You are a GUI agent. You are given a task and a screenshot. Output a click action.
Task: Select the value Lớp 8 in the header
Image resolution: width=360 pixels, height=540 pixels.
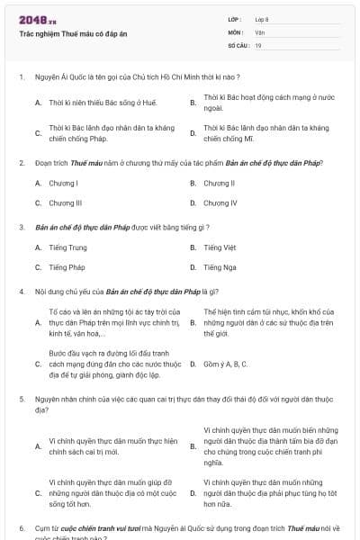pyautogui.click(x=262, y=19)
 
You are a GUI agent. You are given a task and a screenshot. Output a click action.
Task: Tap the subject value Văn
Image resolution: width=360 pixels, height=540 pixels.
pyautogui.click(x=259, y=31)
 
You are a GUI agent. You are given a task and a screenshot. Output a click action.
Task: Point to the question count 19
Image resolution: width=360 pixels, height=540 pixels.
pyautogui.click(x=258, y=44)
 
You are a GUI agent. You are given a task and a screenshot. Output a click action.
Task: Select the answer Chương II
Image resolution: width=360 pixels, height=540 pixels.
pyautogui.click(x=220, y=184)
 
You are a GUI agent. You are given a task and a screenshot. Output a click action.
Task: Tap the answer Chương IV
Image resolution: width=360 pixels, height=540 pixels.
pyautogui.click(x=220, y=203)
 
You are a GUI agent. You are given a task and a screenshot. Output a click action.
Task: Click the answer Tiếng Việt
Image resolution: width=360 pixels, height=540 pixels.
pyautogui.click(x=220, y=247)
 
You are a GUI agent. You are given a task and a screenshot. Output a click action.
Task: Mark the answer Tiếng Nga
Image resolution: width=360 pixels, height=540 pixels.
pyautogui.click(x=220, y=267)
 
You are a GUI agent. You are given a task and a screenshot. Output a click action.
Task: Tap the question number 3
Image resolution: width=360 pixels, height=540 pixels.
pyautogui.click(x=21, y=228)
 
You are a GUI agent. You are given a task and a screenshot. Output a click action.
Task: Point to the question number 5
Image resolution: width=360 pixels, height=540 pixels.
pyautogui.click(x=21, y=397)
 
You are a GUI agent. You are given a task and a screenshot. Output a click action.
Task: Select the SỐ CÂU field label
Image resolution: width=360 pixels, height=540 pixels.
pyautogui.click(x=238, y=44)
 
